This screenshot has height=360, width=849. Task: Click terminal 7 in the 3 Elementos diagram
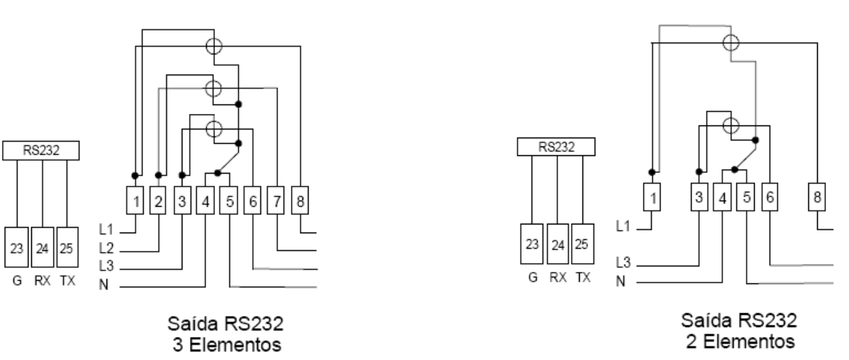[275, 201]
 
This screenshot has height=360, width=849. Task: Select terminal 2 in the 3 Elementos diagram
[158, 201]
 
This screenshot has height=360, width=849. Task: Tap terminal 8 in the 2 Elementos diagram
[816, 197]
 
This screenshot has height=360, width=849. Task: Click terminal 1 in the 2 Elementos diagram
[652, 197]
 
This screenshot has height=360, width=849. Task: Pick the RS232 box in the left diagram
[41, 151]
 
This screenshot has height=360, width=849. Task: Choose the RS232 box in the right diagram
[556, 146]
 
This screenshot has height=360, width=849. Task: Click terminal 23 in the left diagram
[16, 247]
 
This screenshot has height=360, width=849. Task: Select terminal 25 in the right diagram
[583, 244]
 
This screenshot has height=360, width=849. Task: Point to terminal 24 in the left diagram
[43, 247]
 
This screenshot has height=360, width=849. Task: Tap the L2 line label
[106, 248]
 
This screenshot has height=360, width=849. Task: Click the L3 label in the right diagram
[623, 262]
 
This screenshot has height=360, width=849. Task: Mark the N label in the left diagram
[104, 285]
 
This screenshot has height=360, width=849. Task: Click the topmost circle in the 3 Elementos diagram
[214, 46]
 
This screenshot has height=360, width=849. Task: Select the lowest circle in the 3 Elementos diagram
[214, 129]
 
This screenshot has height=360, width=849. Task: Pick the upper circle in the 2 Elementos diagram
[731, 43]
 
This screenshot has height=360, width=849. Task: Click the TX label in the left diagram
[67, 281]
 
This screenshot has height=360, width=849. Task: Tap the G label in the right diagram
[533, 277]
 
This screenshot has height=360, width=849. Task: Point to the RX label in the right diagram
[558, 277]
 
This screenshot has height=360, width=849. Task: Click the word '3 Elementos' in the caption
[227, 345]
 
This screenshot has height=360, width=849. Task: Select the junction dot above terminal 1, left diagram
[135, 176]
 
